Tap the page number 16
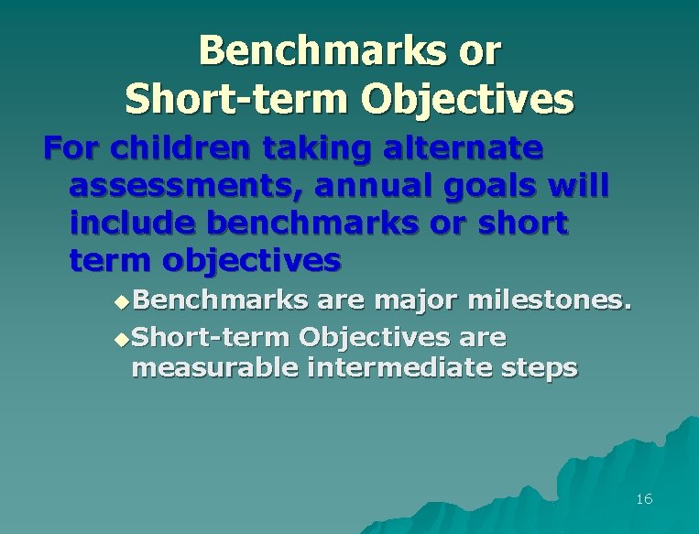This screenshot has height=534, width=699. tap(643, 499)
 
